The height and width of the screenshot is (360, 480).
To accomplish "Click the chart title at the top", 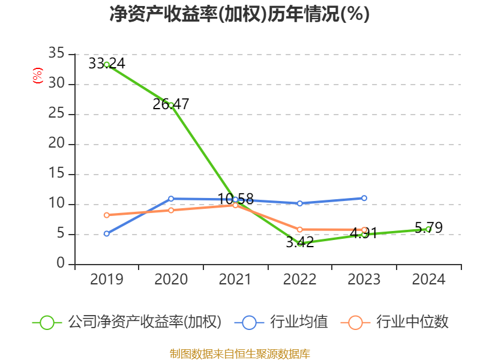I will tap(239, 14).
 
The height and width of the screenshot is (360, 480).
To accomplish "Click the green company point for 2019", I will tap(107, 64).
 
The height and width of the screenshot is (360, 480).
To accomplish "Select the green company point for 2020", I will tap(171, 105).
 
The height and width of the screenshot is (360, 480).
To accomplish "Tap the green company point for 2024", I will tap(428, 229).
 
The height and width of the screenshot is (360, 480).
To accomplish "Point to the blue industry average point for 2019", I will tap(107, 233).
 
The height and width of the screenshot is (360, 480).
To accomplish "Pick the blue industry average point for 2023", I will tap(364, 198).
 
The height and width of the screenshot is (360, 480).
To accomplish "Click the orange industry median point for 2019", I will tap(107, 215).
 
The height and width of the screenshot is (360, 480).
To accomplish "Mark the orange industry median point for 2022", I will tap(299, 229).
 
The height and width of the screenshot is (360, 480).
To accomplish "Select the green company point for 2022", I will tap(299, 243).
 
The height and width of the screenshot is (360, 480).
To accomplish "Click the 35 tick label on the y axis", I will tap(56, 54).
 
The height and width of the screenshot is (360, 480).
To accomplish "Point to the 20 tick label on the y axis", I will tap(56, 144).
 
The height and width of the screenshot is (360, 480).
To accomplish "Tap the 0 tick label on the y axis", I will tap(61, 264).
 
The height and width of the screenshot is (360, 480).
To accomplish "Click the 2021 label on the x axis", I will tap(235, 280).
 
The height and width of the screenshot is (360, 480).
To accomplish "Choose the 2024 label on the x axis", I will tap(428, 280).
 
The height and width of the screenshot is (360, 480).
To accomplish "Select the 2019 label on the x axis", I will tap(107, 280).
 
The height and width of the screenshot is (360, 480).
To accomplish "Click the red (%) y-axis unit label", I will tap(38, 76).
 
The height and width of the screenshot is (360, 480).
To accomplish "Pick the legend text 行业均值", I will tap(299, 322).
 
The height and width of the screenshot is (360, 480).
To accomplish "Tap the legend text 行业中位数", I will tap(412, 322).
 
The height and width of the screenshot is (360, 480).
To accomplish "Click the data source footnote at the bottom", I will tap(239, 353).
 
